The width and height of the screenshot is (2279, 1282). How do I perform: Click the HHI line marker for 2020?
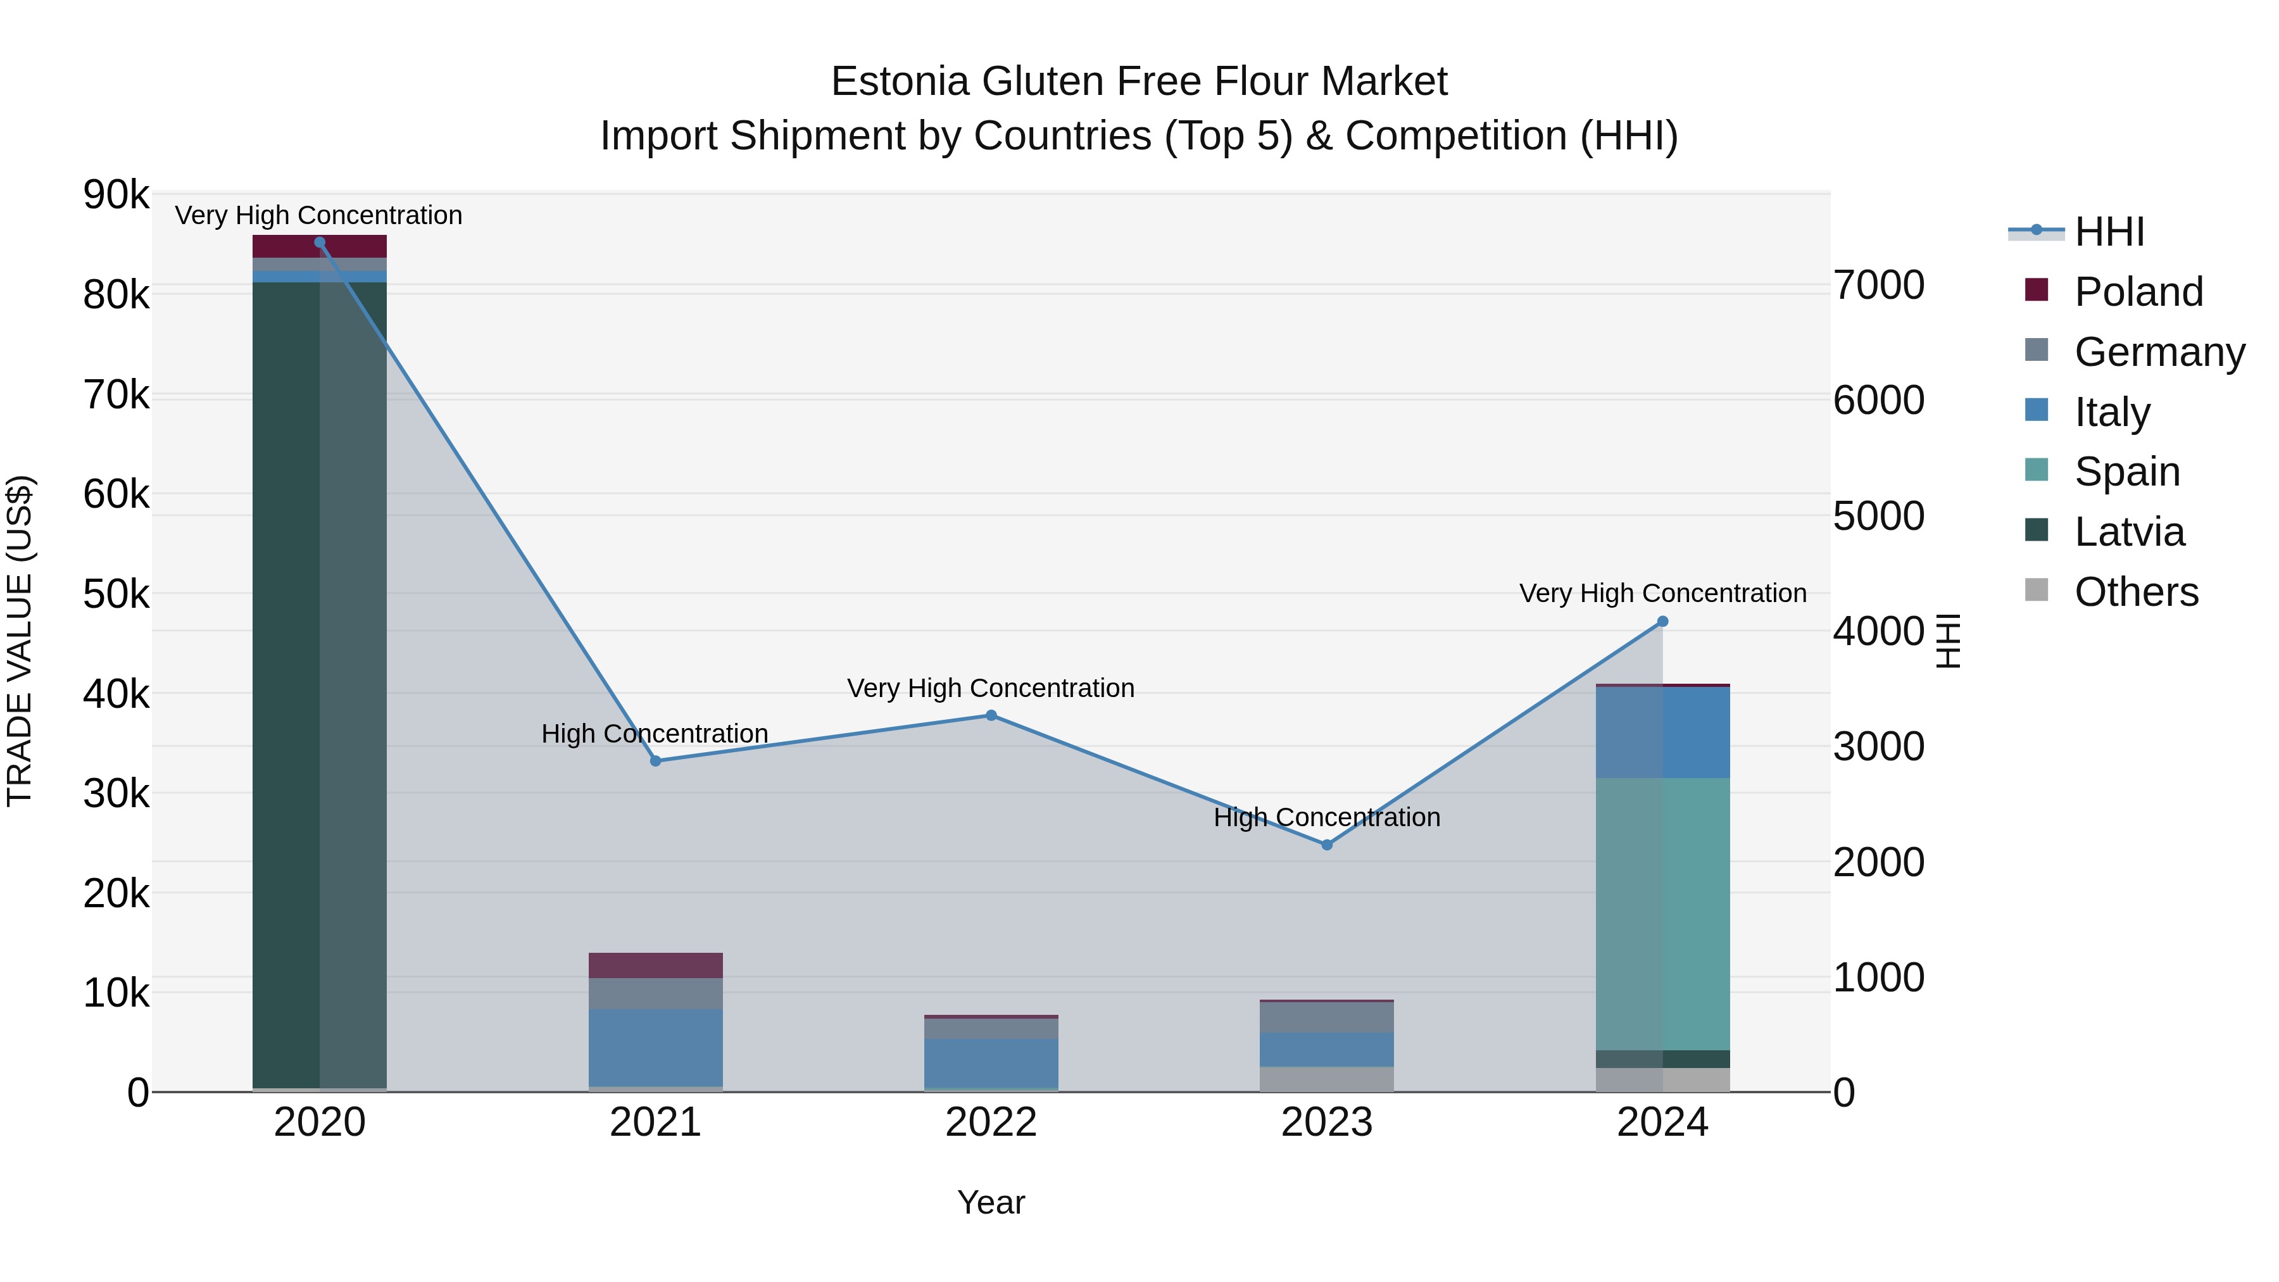tap(320, 242)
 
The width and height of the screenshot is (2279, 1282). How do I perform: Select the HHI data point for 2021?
tap(656, 761)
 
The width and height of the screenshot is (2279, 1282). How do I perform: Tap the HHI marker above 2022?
tap(991, 716)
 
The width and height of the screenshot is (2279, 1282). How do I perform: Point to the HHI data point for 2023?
tap(1327, 845)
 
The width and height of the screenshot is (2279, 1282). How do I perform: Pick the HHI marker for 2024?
tap(1662, 622)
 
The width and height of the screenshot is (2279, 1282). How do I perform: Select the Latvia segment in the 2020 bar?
tap(320, 681)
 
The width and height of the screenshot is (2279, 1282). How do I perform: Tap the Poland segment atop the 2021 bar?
tap(656, 965)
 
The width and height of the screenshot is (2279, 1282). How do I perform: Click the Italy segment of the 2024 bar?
tap(1662, 732)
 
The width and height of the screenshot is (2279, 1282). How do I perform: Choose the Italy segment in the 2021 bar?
tap(656, 1048)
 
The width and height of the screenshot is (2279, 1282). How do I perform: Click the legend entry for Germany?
tap(2159, 352)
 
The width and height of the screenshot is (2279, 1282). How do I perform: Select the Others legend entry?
tap(2136, 592)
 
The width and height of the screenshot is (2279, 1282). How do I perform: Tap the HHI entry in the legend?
tap(2109, 232)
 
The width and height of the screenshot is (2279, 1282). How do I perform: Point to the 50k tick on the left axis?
tap(116, 594)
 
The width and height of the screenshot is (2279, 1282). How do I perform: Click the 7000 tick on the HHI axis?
tap(1878, 286)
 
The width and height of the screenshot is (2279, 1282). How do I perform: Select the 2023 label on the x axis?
tap(1326, 1122)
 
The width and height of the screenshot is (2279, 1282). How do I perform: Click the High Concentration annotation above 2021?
tap(655, 734)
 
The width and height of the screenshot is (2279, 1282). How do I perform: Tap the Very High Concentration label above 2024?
tap(1662, 593)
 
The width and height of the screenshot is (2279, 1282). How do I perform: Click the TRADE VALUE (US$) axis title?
tap(20, 641)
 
